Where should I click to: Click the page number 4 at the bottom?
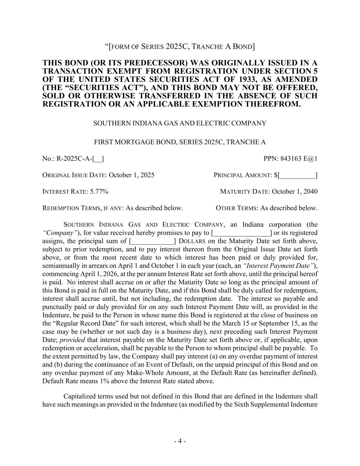point(180,441)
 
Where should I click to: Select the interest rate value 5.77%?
point(99,192)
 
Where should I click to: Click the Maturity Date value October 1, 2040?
point(294,192)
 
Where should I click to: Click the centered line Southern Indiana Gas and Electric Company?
point(180,123)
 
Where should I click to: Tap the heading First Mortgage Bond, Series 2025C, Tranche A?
point(180,142)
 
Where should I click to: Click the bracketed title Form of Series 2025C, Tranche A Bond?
point(180,46)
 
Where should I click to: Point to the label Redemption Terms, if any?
point(82,208)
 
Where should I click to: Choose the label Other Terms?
point(237,208)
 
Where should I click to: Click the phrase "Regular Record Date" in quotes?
point(80,324)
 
